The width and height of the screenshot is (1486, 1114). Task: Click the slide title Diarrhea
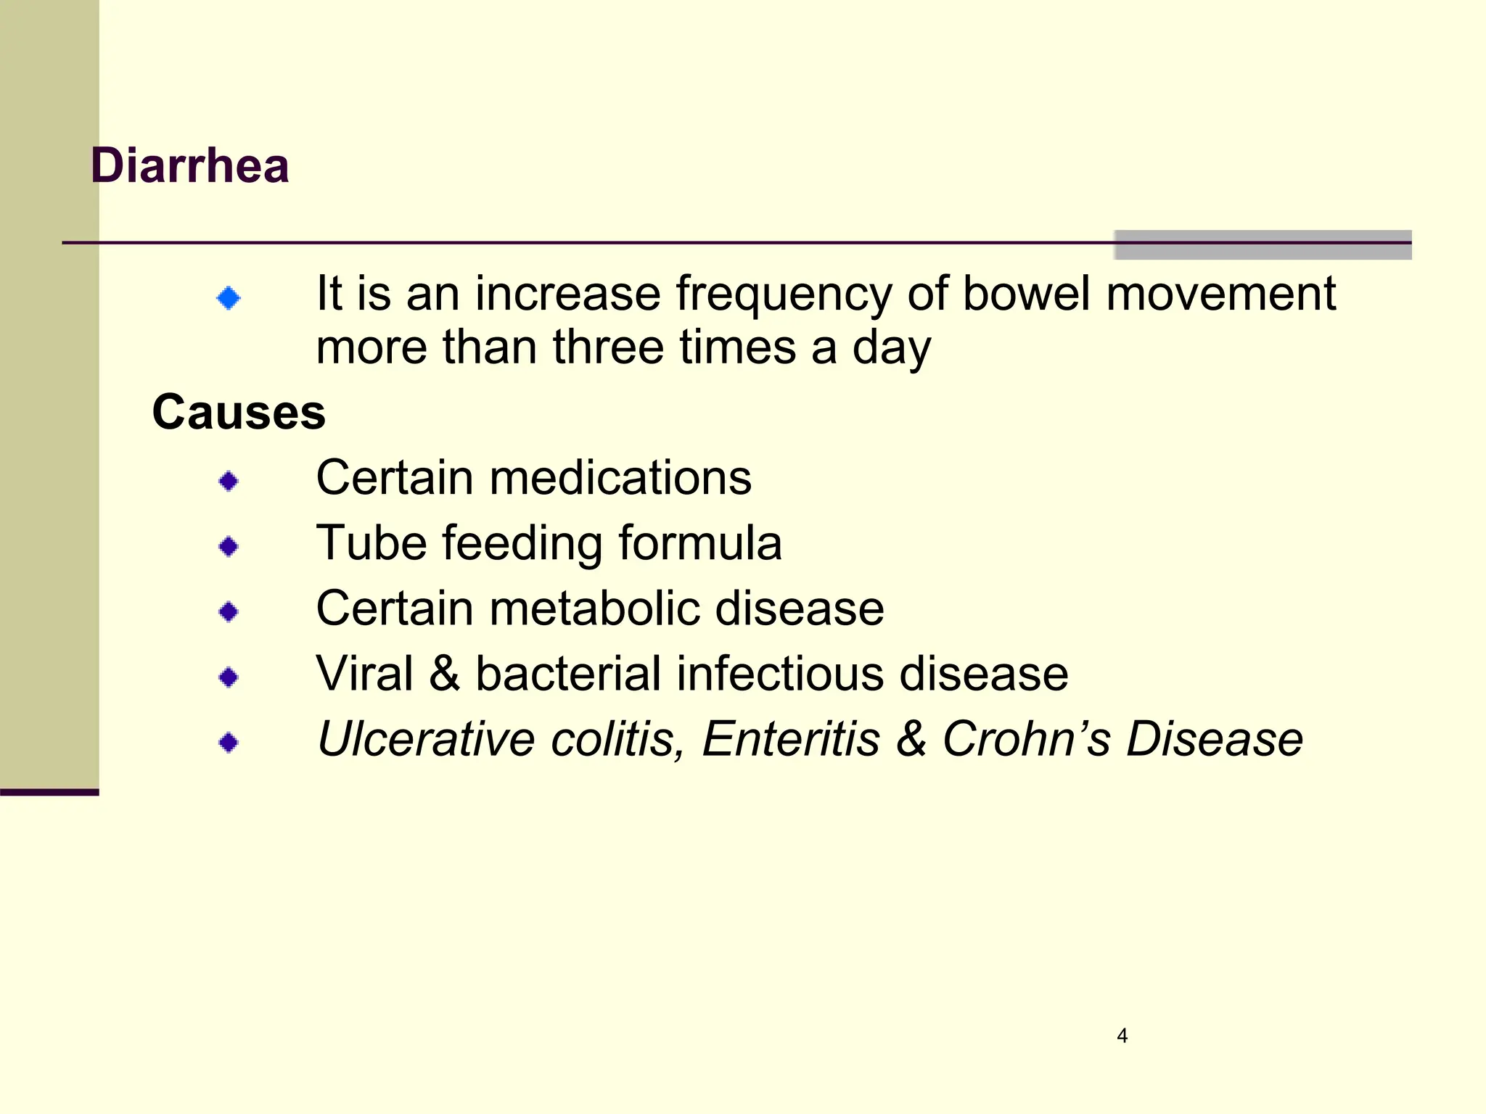pos(190,166)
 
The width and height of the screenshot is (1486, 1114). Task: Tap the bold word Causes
pos(239,413)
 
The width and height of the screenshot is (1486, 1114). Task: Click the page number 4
pos(1122,1036)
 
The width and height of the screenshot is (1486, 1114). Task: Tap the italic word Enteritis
pos(790,739)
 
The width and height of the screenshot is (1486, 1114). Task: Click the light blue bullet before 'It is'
pos(229,297)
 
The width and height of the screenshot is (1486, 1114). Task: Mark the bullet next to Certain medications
pos(229,481)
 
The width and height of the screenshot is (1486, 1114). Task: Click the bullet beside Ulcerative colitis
pos(229,743)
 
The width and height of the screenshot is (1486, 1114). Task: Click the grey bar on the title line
pos(1263,245)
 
